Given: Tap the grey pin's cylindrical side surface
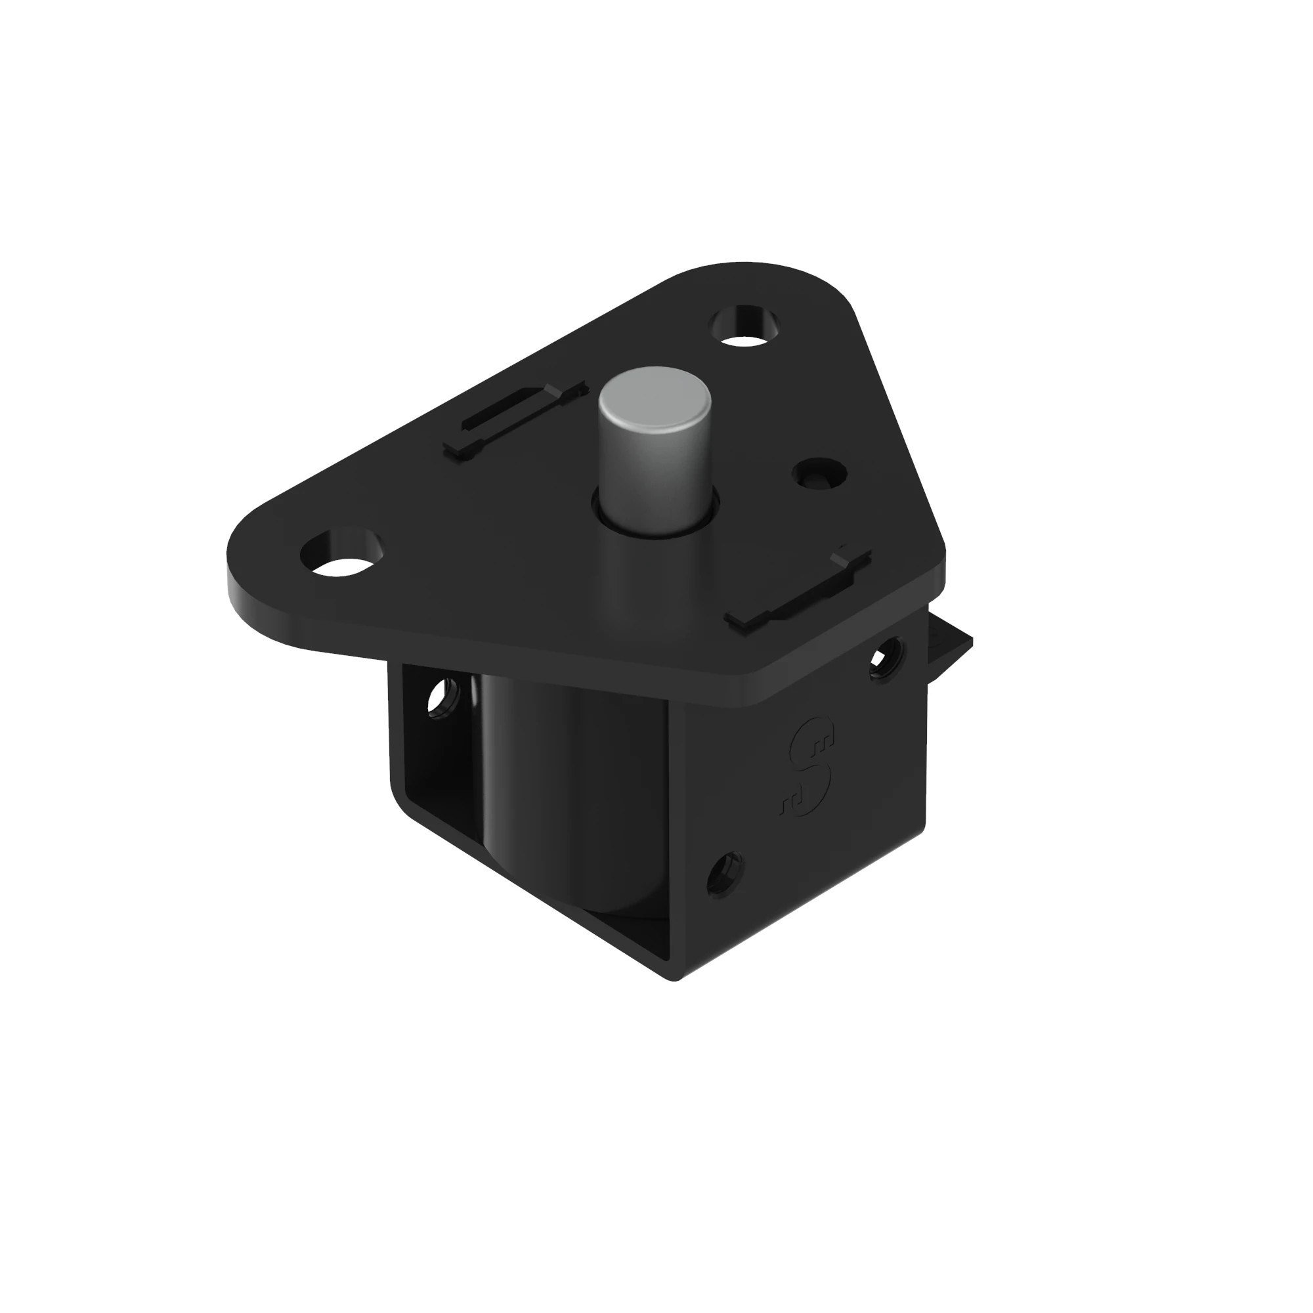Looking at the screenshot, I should click(654, 476).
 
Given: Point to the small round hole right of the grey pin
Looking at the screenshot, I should click(820, 474).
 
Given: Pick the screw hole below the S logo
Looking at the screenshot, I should click(725, 874).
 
